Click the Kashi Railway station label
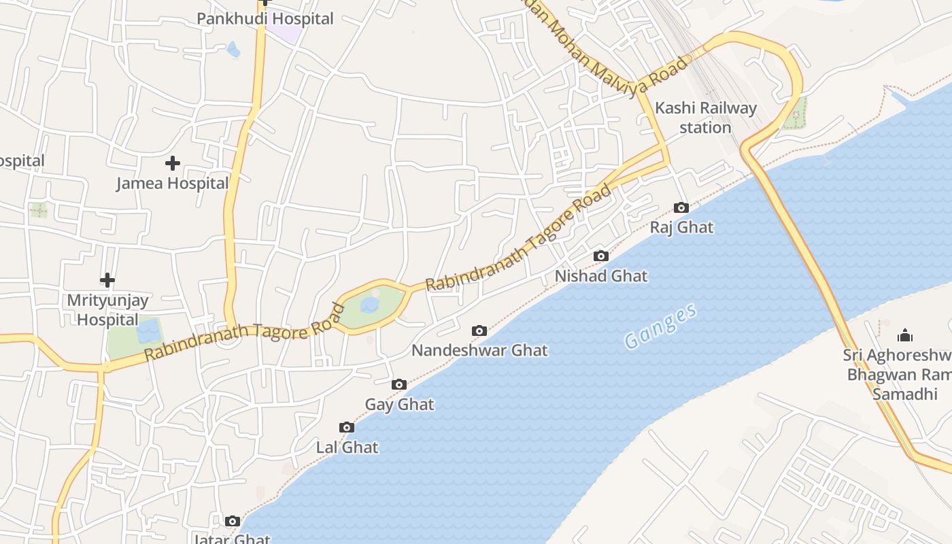tap(705, 118)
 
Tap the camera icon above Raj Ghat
tap(681, 208)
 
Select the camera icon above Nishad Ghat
tap(600, 256)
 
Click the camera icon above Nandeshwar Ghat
tap(479, 331)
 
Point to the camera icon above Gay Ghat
tap(399, 385)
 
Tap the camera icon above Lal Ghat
tap(347, 428)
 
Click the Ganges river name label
tap(660, 327)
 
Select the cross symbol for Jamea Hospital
tap(173, 163)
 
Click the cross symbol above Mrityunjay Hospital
tap(107, 280)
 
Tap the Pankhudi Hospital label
tap(265, 18)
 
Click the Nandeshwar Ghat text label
tap(479, 350)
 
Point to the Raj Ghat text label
tap(681, 227)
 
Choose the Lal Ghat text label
tap(347, 447)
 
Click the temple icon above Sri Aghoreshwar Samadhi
tap(905, 335)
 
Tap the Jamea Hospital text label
tap(173, 183)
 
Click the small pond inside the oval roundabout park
tap(370, 305)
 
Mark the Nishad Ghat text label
tap(601, 276)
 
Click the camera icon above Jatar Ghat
tap(233, 522)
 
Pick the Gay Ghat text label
tap(399, 404)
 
